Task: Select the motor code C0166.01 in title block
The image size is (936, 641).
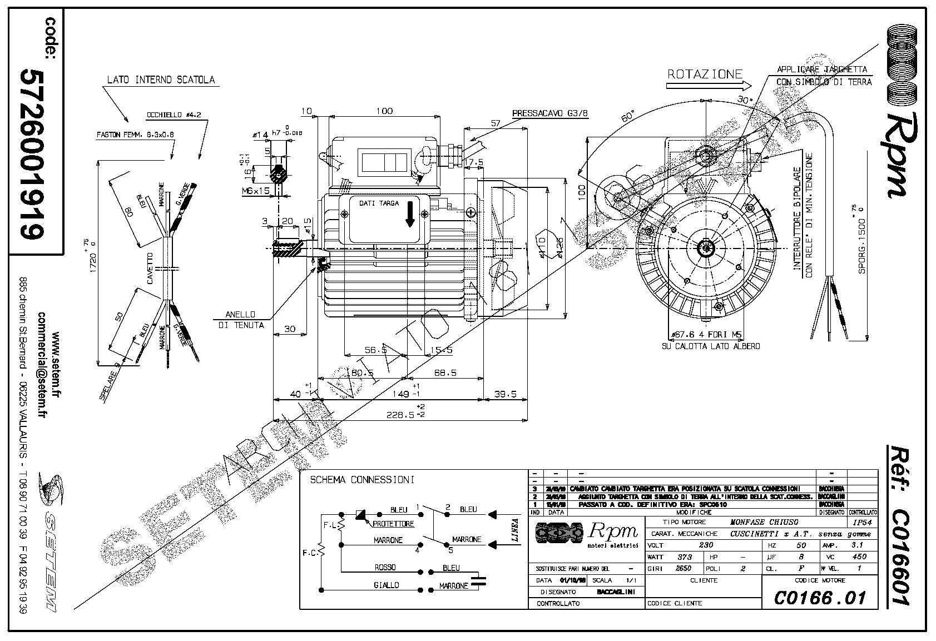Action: coord(820,598)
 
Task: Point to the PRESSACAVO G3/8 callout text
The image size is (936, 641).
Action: coord(550,113)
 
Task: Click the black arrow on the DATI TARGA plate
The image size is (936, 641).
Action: coord(410,214)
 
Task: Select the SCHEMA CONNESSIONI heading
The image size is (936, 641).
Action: coord(362,480)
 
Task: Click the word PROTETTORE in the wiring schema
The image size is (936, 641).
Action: coord(393,524)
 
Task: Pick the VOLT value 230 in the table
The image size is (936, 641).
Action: coord(705,545)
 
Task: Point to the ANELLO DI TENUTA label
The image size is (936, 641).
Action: coord(245,320)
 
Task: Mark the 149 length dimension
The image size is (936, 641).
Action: coord(399,394)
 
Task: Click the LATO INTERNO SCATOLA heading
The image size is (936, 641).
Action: coord(161,79)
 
